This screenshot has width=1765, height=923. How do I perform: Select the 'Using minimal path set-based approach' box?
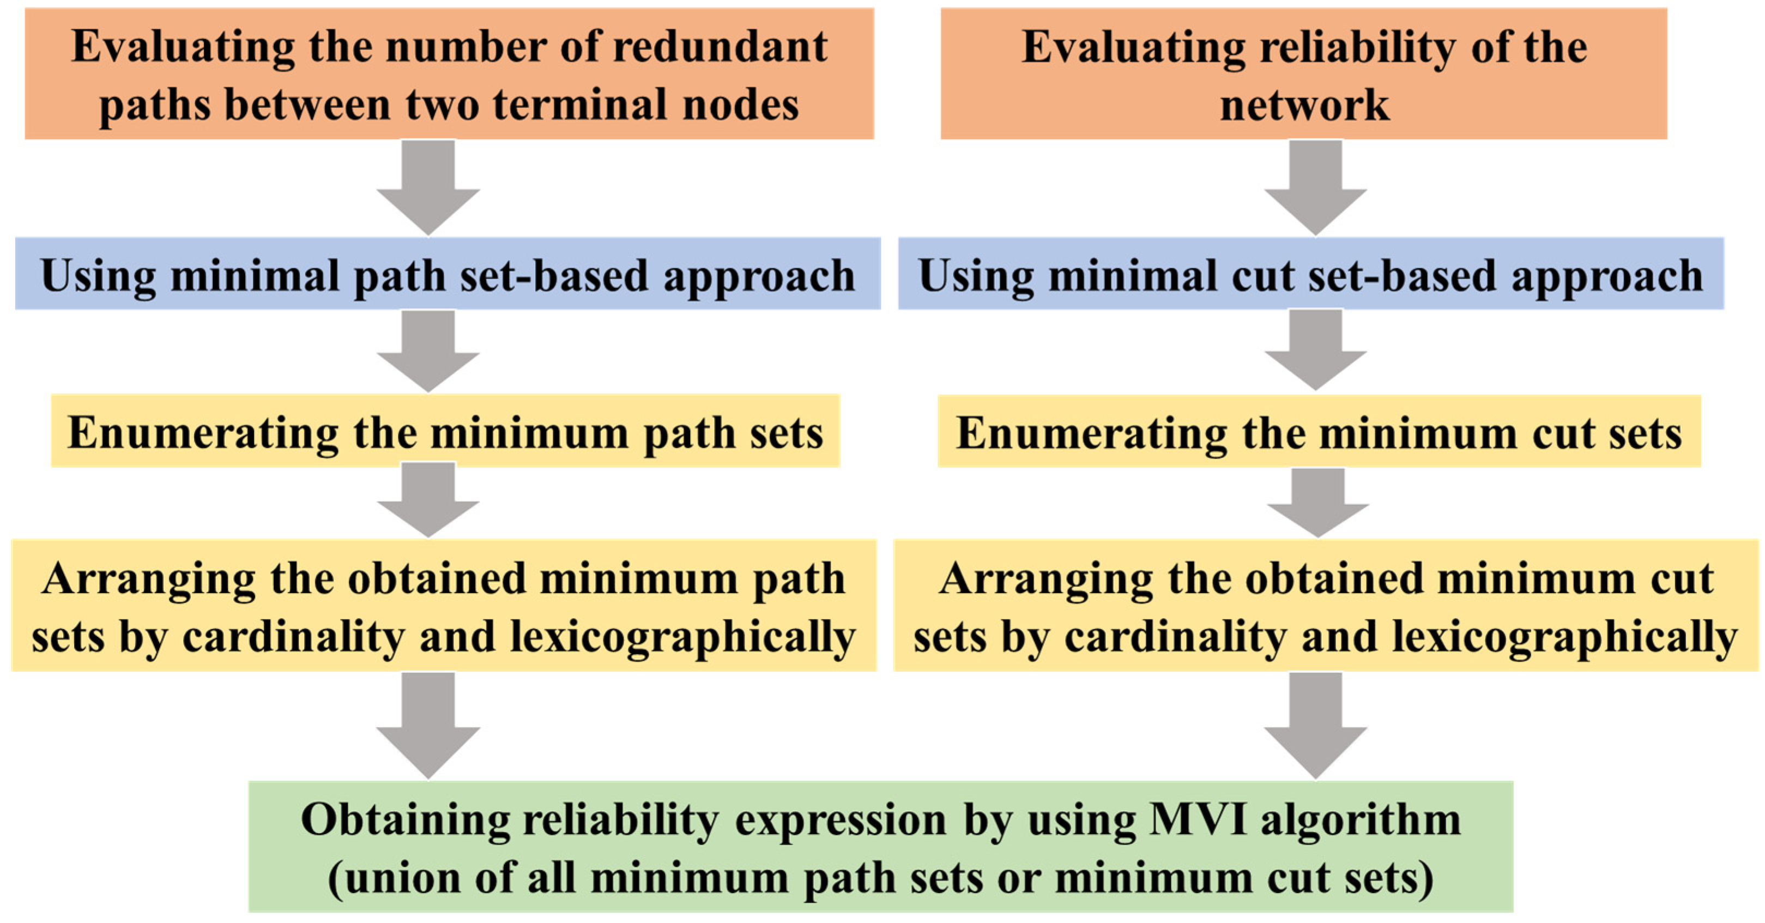[x=448, y=274]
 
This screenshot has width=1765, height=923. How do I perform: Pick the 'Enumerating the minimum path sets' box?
[x=445, y=432]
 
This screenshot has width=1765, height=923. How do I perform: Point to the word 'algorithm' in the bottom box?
[x=1360, y=819]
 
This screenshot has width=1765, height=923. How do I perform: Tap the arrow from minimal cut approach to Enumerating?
[x=1315, y=349]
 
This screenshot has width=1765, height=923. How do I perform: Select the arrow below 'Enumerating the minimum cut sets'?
[x=1317, y=502]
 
